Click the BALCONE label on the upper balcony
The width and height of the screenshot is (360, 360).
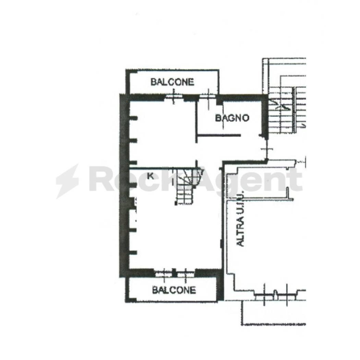click(172, 82)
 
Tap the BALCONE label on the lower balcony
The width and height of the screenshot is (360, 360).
click(174, 290)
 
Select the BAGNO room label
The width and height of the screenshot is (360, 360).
click(232, 118)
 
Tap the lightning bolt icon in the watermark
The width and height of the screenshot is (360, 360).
click(68, 181)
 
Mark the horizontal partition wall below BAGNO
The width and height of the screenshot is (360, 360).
click(219, 136)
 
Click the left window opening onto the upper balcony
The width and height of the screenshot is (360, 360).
click(173, 97)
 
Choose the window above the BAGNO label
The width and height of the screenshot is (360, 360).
click(208, 97)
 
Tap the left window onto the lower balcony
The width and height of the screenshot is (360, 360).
click(163, 273)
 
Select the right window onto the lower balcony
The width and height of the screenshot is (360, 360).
click(185, 273)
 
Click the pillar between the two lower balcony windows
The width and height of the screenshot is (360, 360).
click(174, 273)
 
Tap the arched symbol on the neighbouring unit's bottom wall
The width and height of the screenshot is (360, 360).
click(275, 293)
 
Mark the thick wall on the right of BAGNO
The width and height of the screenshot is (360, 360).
click(264, 117)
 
